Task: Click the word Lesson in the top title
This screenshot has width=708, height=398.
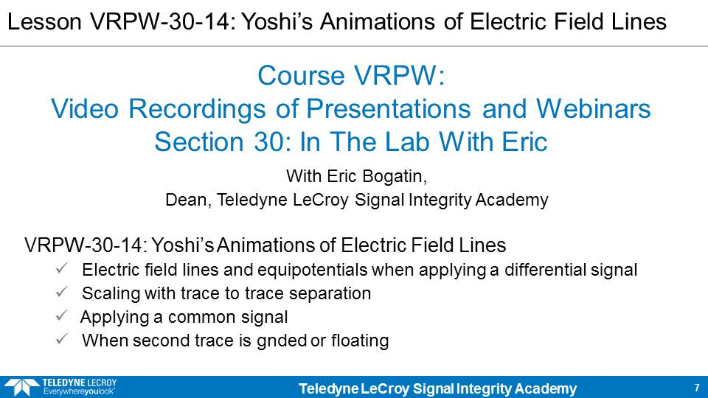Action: (x=44, y=21)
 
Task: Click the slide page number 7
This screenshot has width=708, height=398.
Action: (x=697, y=388)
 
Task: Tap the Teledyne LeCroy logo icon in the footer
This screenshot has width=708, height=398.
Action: (x=21, y=387)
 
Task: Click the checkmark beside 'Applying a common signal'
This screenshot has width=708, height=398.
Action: (x=62, y=315)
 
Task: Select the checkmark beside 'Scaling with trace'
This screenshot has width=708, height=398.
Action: (x=62, y=292)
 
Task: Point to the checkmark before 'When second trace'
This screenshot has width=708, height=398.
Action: (x=62, y=339)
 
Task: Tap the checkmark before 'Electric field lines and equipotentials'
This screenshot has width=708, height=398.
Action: (x=62, y=268)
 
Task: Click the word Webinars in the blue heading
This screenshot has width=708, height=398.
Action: (x=593, y=109)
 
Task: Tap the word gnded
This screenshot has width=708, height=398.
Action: (x=282, y=341)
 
